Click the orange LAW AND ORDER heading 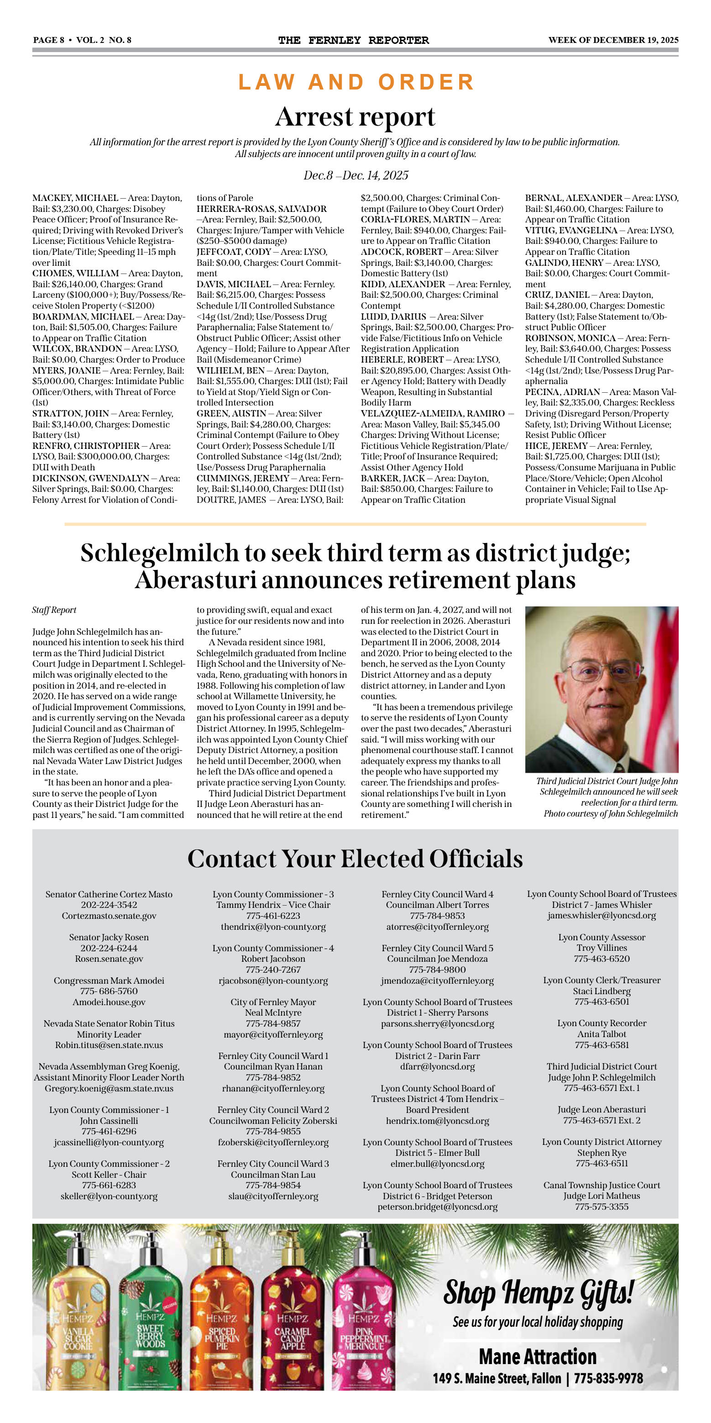click(355, 82)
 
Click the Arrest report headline click(355, 117)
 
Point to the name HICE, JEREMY click(556, 446)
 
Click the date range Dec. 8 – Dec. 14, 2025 click(355, 176)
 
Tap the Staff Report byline click(54, 610)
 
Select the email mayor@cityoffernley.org click(273, 1035)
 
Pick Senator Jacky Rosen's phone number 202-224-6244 click(109, 948)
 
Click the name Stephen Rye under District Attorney click(601, 1153)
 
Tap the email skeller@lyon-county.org click(109, 1196)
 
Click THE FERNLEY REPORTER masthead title click(353, 40)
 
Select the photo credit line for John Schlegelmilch click(610, 814)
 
